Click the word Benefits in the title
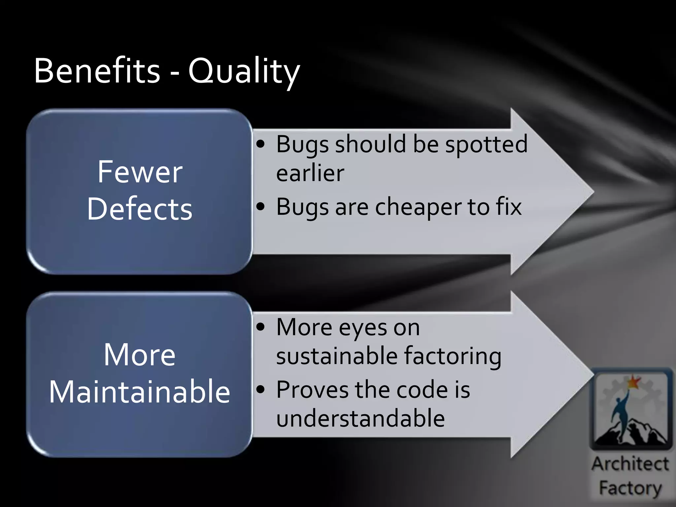click(x=97, y=71)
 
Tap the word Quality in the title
click(x=244, y=72)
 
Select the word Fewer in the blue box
click(x=140, y=172)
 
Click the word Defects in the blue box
click(x=140, y=209)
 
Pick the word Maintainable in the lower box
click(x=140, y=392)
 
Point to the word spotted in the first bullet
click(x=486, y=145)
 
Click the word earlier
click(x=310, y=173)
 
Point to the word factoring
click(x=453, y=357)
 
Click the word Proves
click(x=312, y=390)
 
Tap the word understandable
click(x=360, y=418)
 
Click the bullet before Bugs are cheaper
click(x=261, y=207)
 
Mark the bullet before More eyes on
click(x=261, y=327)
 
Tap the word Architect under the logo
click(x=630, y=464)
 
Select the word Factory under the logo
click(x=630, y=488)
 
